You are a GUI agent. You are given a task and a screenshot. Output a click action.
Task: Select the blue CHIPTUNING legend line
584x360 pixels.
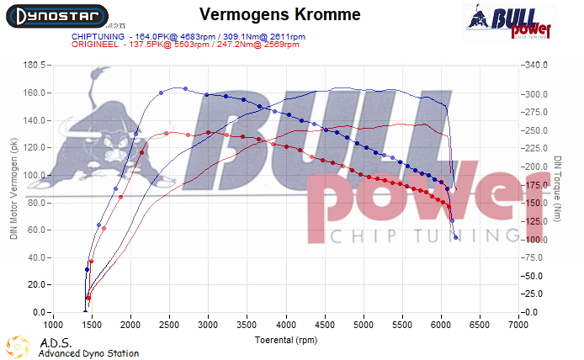[x=186, y=36]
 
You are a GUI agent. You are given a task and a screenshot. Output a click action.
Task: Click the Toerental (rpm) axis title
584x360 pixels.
[x=285, y=341]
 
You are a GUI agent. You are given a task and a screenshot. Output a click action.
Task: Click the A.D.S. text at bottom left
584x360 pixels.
[x=52, y=343]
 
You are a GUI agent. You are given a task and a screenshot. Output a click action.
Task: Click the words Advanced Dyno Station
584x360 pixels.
[x=88, y=354]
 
